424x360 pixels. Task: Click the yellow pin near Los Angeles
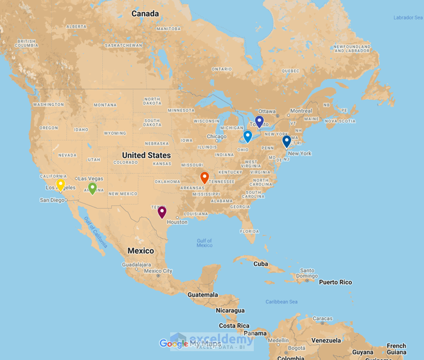(x=61, y=184)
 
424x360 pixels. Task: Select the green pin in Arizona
(x=92, y=188)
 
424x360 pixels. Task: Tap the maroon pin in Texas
(x=162, y=212)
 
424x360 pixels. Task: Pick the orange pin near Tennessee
(x=204, y=177)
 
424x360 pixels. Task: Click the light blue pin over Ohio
(x=248, y=136)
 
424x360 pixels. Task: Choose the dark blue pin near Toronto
(x=259, y=121)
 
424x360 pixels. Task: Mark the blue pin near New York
(x=286, y=141)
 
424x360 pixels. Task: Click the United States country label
(x=146, y=155)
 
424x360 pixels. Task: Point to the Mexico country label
(x=141, y=251)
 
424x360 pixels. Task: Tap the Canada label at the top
(x=145, y=14)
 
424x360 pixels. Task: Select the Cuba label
(x=261, y=263)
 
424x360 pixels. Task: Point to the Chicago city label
(x=216, y=137)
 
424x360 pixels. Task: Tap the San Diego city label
(x=52, y=200)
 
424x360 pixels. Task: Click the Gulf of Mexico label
(x=204, y=243)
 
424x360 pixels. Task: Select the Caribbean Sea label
(x=281, y=302)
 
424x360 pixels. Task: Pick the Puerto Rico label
(x=335, y=282)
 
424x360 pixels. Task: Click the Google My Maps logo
(x=190, y=344)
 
